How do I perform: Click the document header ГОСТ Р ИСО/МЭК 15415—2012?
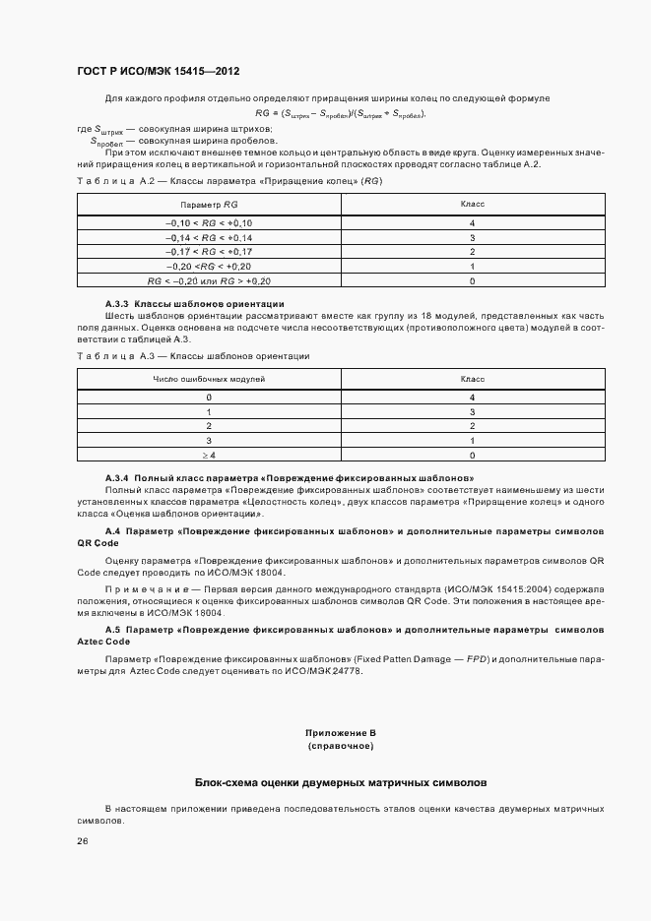click(159, 72)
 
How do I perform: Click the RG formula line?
click(340, 113)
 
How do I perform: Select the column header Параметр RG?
click(209, 204)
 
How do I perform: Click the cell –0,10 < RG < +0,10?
click(209, 224)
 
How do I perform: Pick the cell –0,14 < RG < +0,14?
click(209, 238)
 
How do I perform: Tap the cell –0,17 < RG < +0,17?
click(209, 252)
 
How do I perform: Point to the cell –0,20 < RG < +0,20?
click(209, 266)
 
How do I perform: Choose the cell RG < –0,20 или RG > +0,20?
click(209, 280)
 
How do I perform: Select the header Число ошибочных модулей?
click(209, 377)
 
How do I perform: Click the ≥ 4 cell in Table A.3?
click(209, 455)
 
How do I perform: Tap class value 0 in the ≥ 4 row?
click(472, 455)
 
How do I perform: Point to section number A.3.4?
click(116, 476)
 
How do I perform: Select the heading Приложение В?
click(341, 733)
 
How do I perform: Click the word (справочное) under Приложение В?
click(341, 746)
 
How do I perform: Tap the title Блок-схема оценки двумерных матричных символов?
click(340, 782)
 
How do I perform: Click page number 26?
click(83, 840)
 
